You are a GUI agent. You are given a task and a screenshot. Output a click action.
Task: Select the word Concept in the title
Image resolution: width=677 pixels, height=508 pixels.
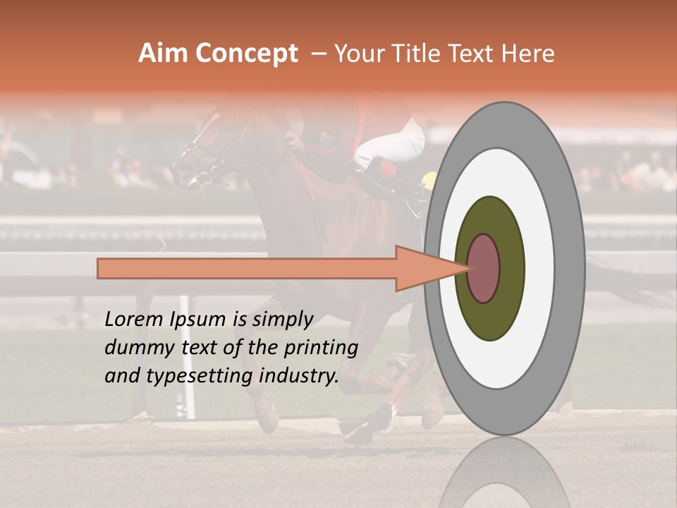pyautogui.click(x=246, y=54)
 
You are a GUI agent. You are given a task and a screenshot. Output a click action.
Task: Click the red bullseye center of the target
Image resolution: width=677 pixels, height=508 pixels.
pyautogui.click(x=483, y=268)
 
